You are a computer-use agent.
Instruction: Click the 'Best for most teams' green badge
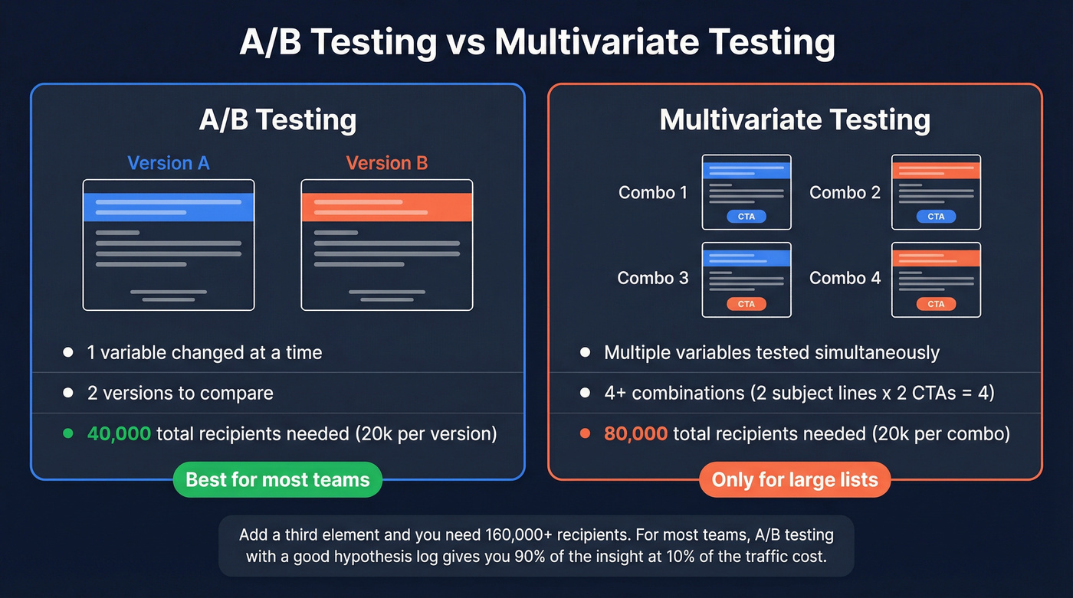(277, 480)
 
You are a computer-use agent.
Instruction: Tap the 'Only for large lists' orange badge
(795, 480)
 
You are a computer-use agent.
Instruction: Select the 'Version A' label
(168, 163)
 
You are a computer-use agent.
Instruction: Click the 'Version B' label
(387, 163)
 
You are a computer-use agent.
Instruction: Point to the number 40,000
(119, 434)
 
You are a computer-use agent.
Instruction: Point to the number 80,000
(635, 434)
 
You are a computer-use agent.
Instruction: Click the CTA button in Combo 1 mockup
(747, 217)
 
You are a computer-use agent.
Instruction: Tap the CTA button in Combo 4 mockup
(936, 304)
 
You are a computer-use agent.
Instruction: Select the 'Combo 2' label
(845, 192)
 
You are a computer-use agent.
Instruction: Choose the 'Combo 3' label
(653, 278)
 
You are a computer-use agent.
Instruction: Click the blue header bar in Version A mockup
(169, 207)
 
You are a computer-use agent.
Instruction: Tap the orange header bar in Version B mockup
(387, 207)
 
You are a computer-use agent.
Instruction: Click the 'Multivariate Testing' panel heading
(795, 120)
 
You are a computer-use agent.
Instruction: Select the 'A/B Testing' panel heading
(277, 120)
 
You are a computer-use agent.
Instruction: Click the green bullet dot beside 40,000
(68, 434)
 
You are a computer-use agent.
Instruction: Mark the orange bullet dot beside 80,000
(586, 434)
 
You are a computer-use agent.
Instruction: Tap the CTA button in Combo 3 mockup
(747, 304)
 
